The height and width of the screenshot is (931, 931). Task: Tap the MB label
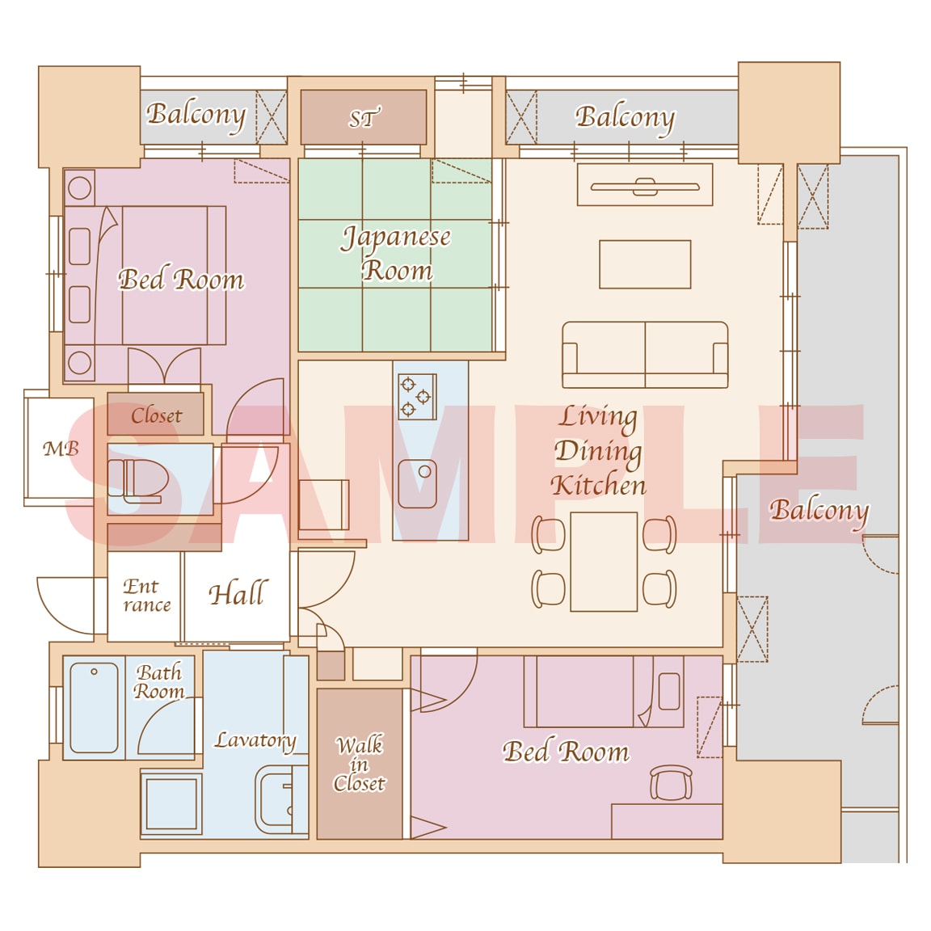pyautogui.click(x=61, y=449)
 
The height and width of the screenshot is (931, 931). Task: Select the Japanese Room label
pyautogui.click(x=396, y=254)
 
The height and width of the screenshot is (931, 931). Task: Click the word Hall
pyautogui.click(x=238, y=593)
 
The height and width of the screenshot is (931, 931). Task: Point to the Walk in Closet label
pyautogui.click(x=359, y=765)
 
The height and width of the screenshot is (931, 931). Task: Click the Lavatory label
pyautogui.click(x=255, y=740)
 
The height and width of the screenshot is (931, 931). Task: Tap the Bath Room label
pyautogui.click(x=158, y=681)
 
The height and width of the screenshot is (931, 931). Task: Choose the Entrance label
pyautogui.click(x=146, y=595)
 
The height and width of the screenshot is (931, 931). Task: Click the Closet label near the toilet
pyautogui.click(x=156, y=415)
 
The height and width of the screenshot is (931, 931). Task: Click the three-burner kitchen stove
pyautogui.click(x=417, y=396)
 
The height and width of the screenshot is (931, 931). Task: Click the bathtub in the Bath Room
pyautogui.click(x=94, y=707)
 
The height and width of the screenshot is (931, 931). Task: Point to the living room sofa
pyautogui.click(x=645, y=355)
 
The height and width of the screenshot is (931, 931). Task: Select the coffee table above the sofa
pyautogui.click(x=645, y=264)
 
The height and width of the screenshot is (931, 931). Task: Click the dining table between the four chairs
pyautogui.click(x=604, y=562)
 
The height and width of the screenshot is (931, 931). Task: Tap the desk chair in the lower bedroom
pyautogui.click(x=671, y=782)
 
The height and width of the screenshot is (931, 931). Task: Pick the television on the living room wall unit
pyautogui.click(x=645, y=187)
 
